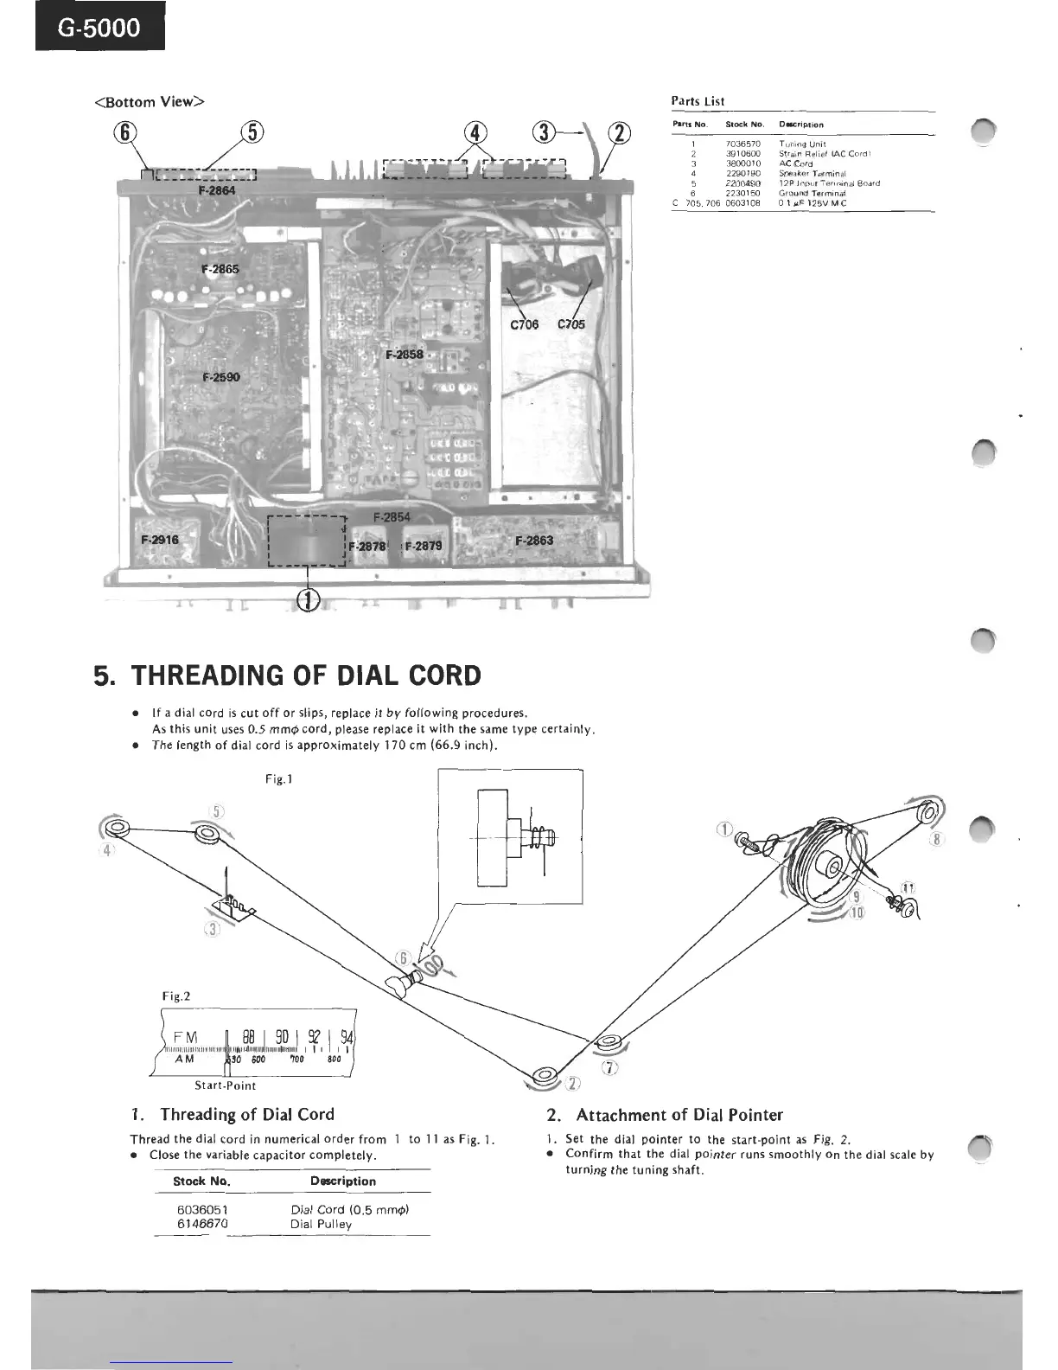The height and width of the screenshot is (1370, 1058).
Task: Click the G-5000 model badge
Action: (x=100, y=28)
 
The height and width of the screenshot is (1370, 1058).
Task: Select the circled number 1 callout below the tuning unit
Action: (x=309, y=598)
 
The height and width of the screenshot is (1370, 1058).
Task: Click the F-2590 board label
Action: (x=221, y=377)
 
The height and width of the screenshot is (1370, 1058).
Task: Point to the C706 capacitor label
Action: (x=524, y=324)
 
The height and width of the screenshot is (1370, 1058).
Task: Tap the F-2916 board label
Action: (x=160, y=540)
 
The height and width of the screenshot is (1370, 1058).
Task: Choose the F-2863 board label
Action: (x=534, y=541)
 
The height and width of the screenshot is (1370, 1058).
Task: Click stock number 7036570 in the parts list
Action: (x=743, y=144)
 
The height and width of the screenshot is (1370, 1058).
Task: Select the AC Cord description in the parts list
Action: (x=795, y=163)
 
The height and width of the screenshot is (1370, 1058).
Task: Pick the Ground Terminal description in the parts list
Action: (x=812, y=193)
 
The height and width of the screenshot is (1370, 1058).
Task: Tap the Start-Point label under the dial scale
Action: (x=226, y=1085)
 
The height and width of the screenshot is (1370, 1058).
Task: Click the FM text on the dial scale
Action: (x=186, y=1037)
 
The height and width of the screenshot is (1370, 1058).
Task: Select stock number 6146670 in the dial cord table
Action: (x=202, y=1224)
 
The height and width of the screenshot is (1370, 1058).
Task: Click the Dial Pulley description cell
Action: (x=321, y=1224)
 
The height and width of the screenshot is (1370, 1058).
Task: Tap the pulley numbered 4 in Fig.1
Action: (x=116, y=829)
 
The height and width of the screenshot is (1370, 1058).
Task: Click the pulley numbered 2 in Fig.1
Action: (x=545, y=1078)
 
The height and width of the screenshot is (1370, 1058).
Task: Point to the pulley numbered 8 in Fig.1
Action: (x=927, y=813)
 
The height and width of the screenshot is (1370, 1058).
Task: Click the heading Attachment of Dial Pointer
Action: (x=679, y=1115)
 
